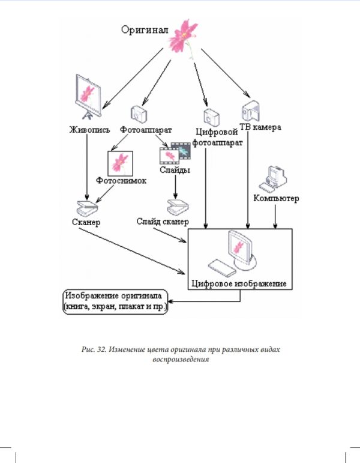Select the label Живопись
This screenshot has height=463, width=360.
(x=88, y=129)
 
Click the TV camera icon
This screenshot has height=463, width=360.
(x=250, y=109)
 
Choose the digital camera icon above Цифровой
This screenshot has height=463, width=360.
(x=210, y=116)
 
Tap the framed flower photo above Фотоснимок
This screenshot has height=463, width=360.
(x=120, y=162)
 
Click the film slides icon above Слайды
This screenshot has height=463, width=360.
(x=175, y=154)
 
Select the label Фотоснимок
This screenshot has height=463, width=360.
(x=121, y=180)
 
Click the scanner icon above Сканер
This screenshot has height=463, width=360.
(x=86, y=208)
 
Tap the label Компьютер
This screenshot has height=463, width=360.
(x=276, y=198)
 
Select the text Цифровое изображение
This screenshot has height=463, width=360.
(x=239, y=282)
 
